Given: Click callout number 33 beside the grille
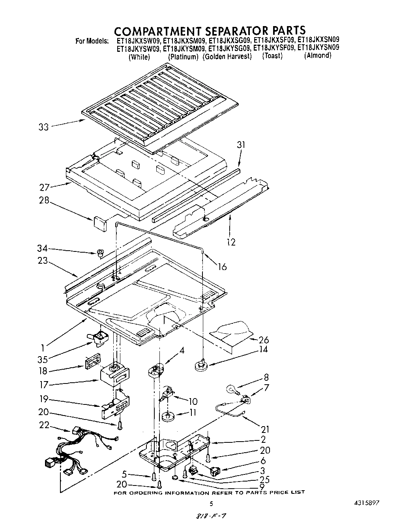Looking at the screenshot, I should coord(43,127).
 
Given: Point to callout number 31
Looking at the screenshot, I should coord(241,145).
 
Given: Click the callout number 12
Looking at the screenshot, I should coord(231,242).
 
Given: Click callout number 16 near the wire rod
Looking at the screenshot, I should coord(222,267).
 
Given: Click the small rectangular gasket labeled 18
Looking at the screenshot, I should coord(91,363).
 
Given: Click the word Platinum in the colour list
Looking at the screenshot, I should coord(183,57).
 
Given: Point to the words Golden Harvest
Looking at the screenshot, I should coord(227,57).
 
